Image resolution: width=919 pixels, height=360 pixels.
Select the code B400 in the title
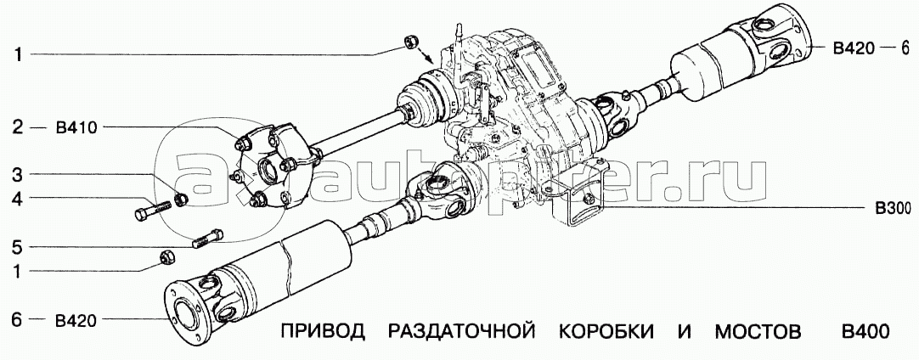(x=865, y=332)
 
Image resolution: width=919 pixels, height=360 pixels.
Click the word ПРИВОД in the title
(x=323, y=333)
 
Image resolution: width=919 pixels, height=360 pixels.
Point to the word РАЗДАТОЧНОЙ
(x=462, y=333)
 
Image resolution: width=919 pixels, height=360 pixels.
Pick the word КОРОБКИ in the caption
(x=606, y=333)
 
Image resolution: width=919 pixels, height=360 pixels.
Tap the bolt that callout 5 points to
(x=207, y=239)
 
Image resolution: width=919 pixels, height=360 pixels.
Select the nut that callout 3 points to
(x=182, y=198)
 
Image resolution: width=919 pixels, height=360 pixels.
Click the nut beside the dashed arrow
(x=411, y=42)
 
